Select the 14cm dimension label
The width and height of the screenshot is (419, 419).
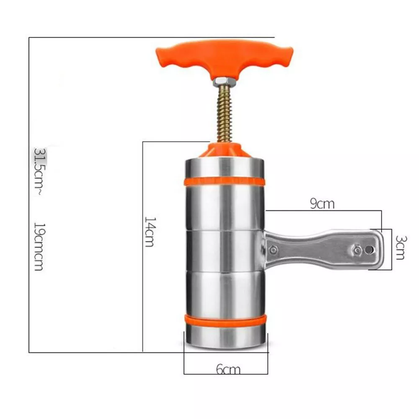150,232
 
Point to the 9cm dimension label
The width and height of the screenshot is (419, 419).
322,204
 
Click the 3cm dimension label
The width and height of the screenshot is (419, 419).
400,248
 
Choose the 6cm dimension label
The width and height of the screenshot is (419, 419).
228,370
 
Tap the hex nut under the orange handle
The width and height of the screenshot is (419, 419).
224,82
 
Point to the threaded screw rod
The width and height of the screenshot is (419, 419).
225,114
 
